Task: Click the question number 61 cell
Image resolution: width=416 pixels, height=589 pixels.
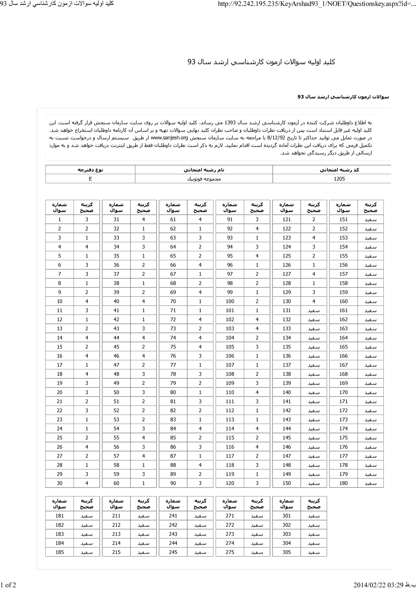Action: pos(173,219)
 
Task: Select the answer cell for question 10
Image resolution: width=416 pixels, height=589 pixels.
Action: pos(87,301)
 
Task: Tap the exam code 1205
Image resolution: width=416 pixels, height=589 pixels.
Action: pos(339,179)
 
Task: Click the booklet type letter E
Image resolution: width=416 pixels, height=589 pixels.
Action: pos(90,179)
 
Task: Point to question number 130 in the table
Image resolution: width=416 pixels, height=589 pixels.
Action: pos(287,301)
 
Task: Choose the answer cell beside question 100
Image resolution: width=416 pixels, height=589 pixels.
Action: pos(257,301)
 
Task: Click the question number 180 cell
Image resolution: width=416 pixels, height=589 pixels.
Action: pos(343,483)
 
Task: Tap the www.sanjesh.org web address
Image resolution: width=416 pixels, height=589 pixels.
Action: pos(169,138)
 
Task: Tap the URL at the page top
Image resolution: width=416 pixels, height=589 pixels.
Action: pos(317,4)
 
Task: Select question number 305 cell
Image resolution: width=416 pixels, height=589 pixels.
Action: pos(287,552)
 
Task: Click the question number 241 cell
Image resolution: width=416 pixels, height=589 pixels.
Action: pos(173,516)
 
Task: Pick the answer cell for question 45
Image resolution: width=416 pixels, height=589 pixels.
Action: pos(143,347)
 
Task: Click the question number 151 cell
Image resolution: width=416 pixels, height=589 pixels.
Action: pos(343,219)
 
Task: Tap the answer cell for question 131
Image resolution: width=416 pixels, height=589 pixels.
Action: pos(314,310)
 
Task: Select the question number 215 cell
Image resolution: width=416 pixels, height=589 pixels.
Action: pos(116,552)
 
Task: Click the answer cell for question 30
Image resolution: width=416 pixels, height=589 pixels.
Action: pos(87,483)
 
